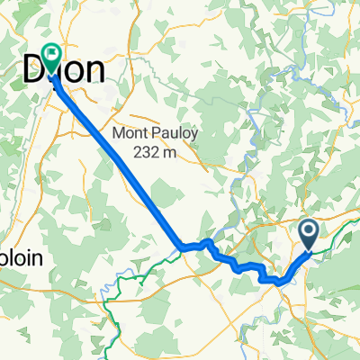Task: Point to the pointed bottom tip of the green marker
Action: click(49, 74)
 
